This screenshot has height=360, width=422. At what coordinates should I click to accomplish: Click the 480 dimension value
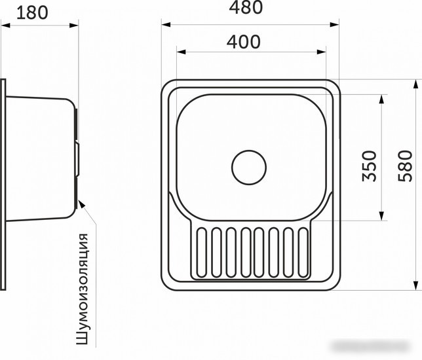(x=246, y=8)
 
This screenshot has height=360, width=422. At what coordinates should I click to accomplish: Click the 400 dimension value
(x=244, y=42)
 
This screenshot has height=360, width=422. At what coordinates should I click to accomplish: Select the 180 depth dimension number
(x=32, y=13)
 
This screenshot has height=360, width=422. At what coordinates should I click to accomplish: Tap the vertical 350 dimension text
(x=369, y=166)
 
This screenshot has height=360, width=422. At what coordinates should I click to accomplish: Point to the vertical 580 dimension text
(x=405, y=166)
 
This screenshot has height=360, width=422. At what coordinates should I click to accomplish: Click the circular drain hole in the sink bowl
(x=249, y=168)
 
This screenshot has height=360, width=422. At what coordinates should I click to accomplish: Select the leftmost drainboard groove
(x=202, y=253)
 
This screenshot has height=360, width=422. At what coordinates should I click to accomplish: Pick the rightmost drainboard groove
(x=303, y=253)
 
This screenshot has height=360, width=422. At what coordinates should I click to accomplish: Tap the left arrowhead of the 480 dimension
(x=166, y=25)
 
